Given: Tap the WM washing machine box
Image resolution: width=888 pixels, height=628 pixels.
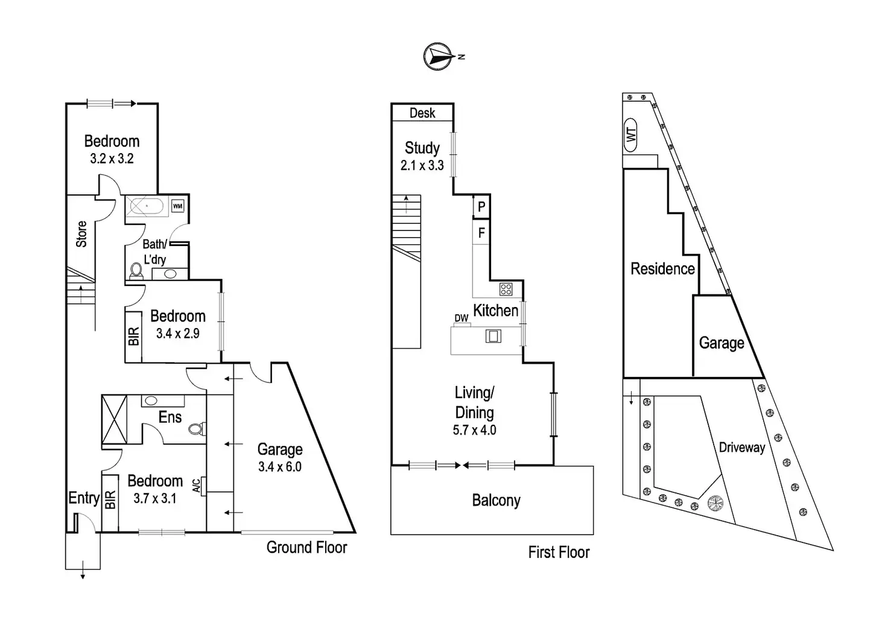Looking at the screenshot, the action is [177, 206].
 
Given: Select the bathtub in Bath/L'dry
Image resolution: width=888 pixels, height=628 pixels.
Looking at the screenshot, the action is [147, 206].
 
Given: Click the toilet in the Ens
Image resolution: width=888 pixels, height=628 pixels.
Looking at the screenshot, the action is [196, 428].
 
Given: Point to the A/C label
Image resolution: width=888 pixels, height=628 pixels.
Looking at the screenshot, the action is [197, 486].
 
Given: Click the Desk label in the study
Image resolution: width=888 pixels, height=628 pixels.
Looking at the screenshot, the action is [422, 113].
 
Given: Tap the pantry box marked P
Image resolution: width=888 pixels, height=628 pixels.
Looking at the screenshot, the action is [481, 206].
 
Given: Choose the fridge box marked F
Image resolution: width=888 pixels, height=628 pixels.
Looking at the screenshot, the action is [481, 232].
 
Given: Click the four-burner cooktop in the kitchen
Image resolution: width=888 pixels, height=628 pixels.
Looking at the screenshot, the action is [506, 289].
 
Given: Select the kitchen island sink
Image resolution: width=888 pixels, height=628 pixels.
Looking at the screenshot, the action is [493, 336].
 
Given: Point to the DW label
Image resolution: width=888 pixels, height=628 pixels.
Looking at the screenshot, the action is [461, 318].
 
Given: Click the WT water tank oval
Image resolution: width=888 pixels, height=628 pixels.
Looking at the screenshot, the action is [630, 135].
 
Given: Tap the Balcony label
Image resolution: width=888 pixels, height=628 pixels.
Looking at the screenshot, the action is [496, 500].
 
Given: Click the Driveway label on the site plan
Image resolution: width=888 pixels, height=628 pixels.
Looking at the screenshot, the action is [742, 448].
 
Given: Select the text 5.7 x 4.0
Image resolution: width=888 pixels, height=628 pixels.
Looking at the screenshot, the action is [475, 430].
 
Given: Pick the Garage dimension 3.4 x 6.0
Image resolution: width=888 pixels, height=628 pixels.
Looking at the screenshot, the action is [280, 467].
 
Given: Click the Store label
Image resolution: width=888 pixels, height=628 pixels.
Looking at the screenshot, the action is [81, 234].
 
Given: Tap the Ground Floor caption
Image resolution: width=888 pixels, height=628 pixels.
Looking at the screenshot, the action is [307, 548].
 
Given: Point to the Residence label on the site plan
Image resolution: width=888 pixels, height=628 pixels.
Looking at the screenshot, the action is [662, 269].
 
